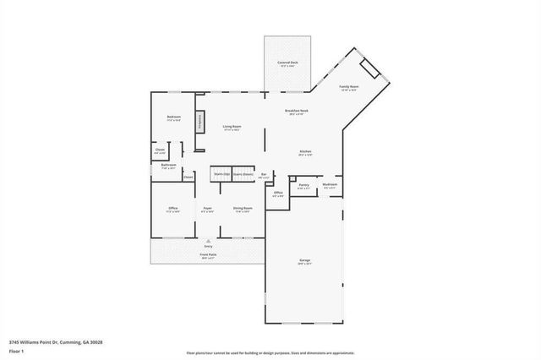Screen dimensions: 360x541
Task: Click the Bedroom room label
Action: pyautogui.click(x=173, y=117)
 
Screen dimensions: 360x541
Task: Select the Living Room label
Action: pyautogui.click(x=232, y=127)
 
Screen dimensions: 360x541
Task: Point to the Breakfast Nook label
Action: pyautogui.click(x=297, y=111)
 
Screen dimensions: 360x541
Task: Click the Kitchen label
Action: pyautogui.click(x=305, y=152)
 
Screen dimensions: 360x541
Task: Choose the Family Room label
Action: pyautogui.click(x=350, y=86)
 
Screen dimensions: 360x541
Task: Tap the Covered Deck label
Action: pyautogui.click(x=287, y=63)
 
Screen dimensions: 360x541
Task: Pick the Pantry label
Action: pyautogui.click(x=304, y=184)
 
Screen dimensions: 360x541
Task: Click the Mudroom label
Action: pyautogui.click(x=330, y=184)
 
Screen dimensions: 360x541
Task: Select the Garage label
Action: pyautogui.click(x=304, y=259)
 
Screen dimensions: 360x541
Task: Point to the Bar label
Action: pyautogui.click(x=264, y=174)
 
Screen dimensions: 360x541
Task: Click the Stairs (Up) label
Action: pyautogui.click(x=221, y=174)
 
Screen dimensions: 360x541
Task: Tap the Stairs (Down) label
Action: pyautogui.click(x=243, y=174)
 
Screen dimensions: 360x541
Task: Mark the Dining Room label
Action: pyautogui.click(x=243, y=208)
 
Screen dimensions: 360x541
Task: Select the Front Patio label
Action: pyautogui.click(x=207, y=254)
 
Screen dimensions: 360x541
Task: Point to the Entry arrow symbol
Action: pyautogui.click(x=207, y=240)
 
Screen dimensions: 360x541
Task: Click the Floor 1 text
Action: pyautogui.click(x=16, y=351)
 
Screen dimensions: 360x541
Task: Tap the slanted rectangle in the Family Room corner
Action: pyautogui.click(x=369, y=68)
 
